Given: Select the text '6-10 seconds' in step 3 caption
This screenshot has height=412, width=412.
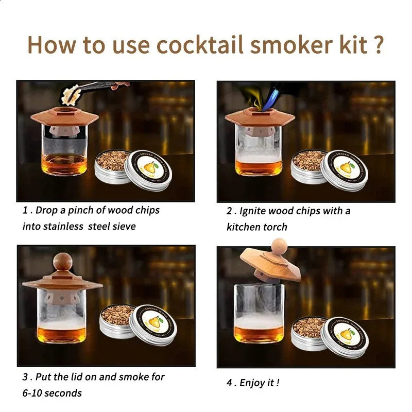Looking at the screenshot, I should (x=52, y=393).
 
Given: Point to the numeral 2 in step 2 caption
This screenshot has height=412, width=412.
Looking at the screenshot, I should (x=230, y=211).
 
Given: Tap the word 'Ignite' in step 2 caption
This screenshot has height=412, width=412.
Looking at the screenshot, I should (x=254, y=211).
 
